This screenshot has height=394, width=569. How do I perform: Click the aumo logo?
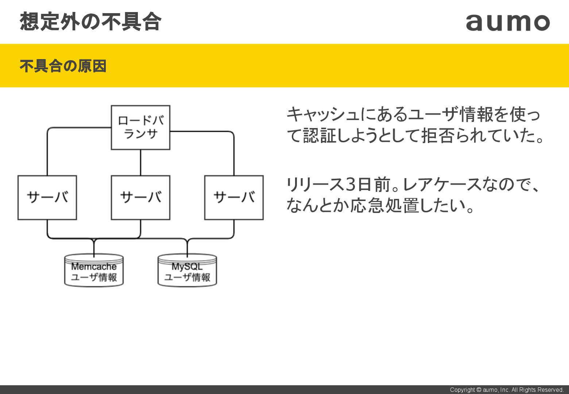(508, 23)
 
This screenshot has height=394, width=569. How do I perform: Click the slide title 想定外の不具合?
(90, 22)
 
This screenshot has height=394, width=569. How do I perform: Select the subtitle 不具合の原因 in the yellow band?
(63, 66)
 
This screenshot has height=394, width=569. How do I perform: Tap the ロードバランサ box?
(140, 127)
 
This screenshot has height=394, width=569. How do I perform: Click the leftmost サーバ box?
(47, 197)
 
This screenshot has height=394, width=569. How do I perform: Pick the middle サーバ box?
(140, 197)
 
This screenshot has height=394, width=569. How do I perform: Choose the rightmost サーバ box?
(234, 197)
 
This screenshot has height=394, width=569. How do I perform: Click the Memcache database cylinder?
(94, 271)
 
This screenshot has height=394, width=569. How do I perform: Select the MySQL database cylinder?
(187, 271)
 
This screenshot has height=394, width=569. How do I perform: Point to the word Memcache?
(94, 266)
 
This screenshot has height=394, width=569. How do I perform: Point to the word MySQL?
(187, 266)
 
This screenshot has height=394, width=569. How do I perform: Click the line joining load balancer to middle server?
(140, 162)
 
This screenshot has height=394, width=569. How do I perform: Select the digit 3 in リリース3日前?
(350, 184)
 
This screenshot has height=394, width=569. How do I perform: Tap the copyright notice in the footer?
(507, 390)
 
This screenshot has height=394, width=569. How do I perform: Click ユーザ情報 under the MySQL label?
(187, 277)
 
